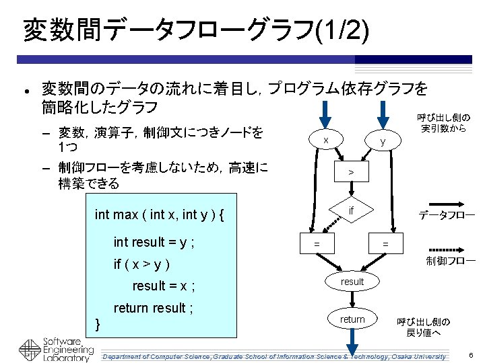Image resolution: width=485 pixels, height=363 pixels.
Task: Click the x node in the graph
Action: (326, 140)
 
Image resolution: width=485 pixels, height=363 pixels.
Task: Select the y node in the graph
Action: (382, 141)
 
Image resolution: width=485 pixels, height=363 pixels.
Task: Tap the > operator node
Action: (350, 173)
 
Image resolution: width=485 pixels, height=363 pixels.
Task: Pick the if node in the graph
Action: (351, 210)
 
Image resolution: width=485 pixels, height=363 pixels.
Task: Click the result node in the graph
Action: (352, 282)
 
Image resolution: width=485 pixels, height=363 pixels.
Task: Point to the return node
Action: (352, 319)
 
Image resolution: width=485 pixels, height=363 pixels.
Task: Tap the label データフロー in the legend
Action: (447, 216)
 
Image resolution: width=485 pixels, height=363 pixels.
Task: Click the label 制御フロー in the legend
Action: (451, 260)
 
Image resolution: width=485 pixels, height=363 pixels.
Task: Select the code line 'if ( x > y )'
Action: (141, 264)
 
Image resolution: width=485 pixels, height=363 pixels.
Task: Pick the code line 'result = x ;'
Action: (164, 286)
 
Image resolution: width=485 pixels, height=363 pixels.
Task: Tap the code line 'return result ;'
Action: (154, 308)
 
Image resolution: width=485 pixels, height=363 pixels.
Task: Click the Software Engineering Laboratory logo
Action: (57, 349)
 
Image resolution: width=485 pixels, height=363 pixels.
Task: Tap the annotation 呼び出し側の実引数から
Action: (443, 122)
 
